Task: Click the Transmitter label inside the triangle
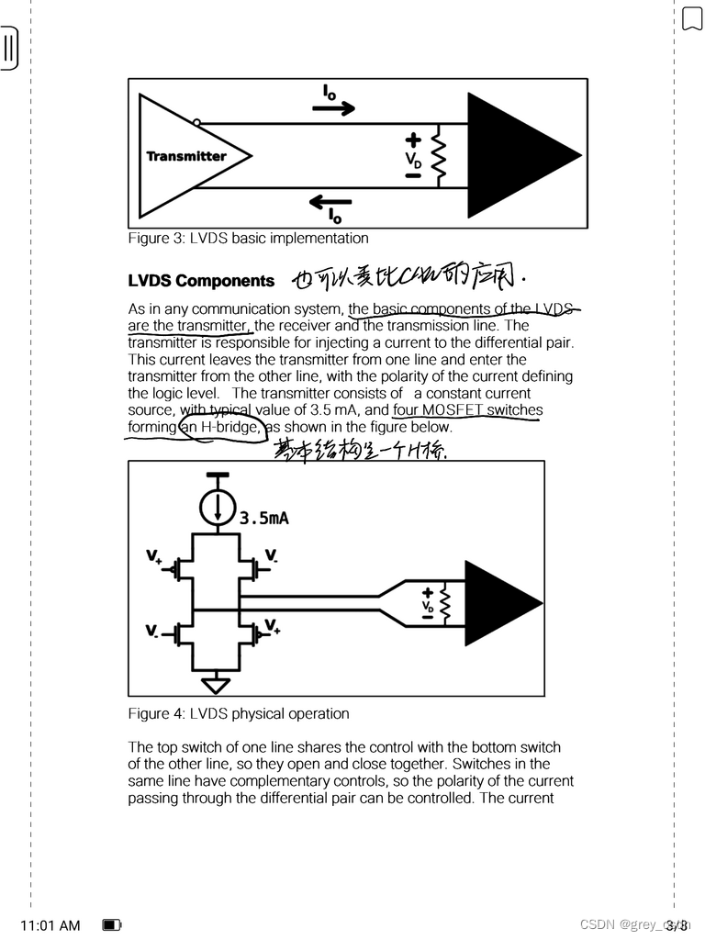pos(185,156)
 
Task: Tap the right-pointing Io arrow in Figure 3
pos(332,107)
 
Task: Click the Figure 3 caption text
pos(248,239)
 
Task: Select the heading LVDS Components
pos(201,281)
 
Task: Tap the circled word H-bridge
pos(222,427)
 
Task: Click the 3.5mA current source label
pos(264,518)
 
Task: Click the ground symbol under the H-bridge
pos(217,685)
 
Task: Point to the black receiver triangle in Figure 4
pos(499,603)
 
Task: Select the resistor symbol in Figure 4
pos(446,603)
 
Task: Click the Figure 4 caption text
pos(239,713)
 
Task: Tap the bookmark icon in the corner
pos(691,18)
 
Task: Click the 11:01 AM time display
pos(50,925)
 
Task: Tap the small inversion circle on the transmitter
pos(197,122)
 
